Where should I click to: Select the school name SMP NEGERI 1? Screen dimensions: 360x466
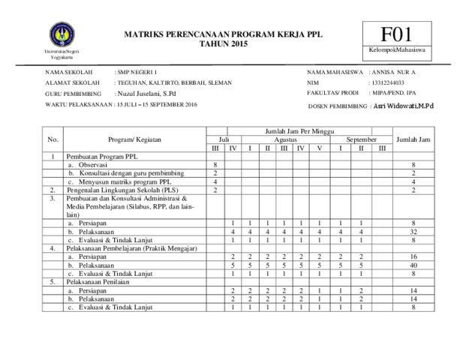[135, 70]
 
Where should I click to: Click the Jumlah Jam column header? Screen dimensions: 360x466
[413, 139]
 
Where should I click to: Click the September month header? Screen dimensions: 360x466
[361, 139]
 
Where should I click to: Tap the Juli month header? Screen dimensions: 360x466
[224, 139]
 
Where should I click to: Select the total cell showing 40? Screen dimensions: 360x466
[413, 265]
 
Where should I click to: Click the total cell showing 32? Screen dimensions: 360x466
[413, 232]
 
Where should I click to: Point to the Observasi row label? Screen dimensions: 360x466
[93, 165]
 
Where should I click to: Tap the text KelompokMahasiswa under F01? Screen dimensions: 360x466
[396, 50]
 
